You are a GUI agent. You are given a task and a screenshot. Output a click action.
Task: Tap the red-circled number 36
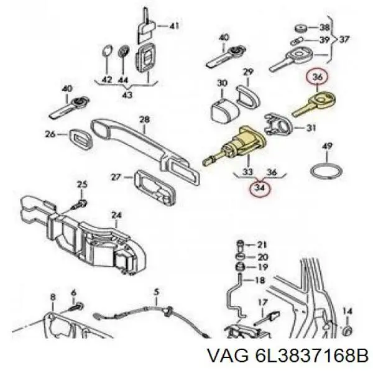[x=318, y=76]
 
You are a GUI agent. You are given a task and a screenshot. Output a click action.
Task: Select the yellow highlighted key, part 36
[x=313, y=103]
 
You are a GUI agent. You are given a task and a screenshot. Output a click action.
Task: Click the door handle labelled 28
[x=145, y=149]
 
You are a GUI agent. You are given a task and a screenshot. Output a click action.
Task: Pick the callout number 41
[x=174, y=25]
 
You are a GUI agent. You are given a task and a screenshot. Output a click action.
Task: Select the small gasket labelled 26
[x=81, y=140]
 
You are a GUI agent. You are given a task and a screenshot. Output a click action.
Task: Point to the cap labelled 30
[x=224, y=111]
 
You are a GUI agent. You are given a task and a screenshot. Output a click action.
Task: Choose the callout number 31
[x=310, y=128]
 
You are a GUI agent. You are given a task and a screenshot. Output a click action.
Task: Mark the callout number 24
[x=117, y=215]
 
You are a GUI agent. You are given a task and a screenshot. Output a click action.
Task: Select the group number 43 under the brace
[x=127, y=94]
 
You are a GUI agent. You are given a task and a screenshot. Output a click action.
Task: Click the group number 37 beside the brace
[x=344, y=39]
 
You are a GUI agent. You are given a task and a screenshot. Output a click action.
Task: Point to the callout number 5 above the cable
[x=156, y=292]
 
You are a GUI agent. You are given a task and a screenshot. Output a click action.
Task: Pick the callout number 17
[x=262, y=302]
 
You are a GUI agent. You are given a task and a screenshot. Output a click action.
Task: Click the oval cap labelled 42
[x=107, y=51]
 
